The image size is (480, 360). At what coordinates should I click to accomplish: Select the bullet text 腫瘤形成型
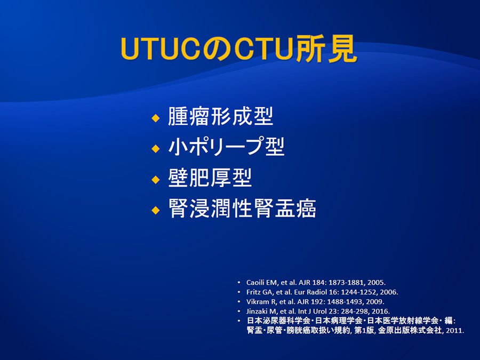(220, 116)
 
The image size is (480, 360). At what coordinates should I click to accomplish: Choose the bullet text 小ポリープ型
(226, 147)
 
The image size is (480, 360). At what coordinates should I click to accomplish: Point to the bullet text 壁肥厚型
(210, 178)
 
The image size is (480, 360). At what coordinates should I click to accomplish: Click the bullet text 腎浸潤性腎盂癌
(242, 209)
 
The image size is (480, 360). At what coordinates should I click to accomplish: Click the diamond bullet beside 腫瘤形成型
(156, 118)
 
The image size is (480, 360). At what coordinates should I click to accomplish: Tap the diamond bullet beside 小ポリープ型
(156, 148)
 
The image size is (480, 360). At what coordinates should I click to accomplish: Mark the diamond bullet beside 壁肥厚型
(156, 179)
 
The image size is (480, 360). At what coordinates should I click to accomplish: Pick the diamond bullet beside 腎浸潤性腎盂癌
(156, 210)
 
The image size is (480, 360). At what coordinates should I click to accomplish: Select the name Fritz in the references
(253, 292)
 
